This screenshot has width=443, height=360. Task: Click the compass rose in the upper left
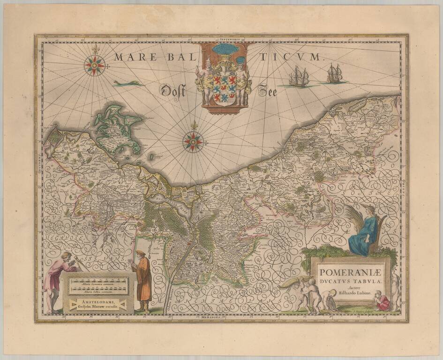95,65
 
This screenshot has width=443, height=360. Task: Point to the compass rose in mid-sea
193,141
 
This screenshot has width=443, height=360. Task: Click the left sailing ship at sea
299,77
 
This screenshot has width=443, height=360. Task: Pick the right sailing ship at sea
334,74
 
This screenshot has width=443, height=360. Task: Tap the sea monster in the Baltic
128,83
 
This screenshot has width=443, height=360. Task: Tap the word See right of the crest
268,91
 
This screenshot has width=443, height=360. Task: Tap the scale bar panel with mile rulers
98,285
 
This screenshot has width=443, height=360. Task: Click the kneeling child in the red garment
382,302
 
